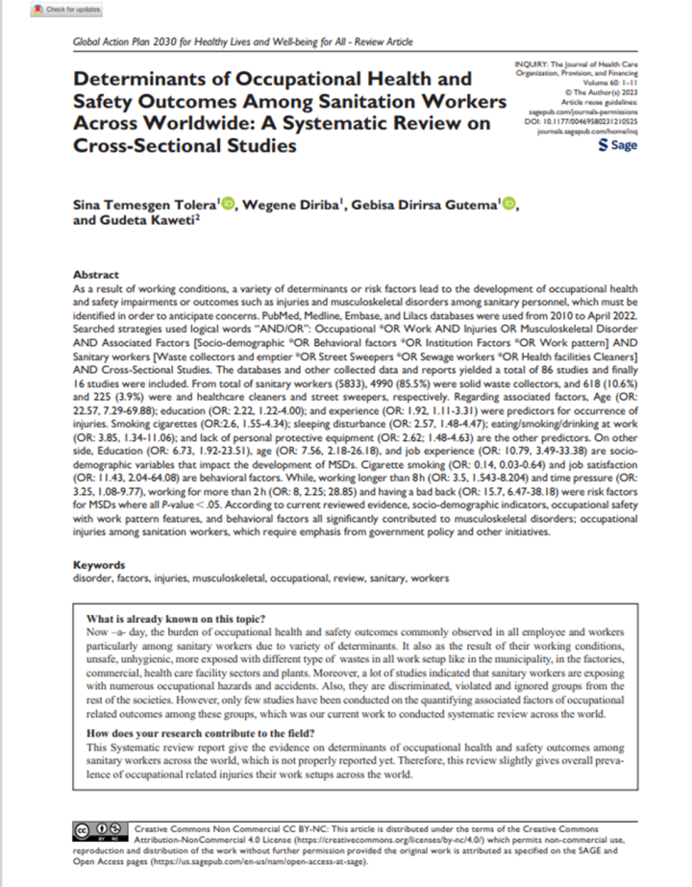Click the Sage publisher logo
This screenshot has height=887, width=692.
pos(616,146)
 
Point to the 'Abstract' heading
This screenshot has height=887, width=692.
pos(96,273)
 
